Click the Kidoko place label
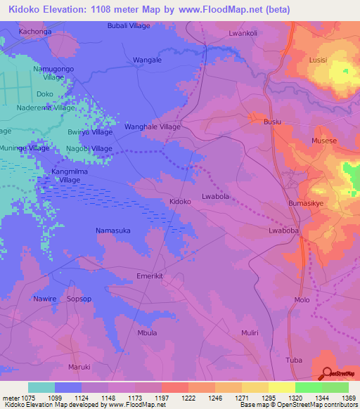pos(180,202)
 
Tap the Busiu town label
pos(272,122)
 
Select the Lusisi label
pos(319,60)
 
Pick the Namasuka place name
pos(113,231)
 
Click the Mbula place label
pos(147,332)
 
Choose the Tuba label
pos(294,361)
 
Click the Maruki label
pos(79,366)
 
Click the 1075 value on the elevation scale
pos(27,398)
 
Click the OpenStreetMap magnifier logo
pos(326,373)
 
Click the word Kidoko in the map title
pos(25,10)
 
